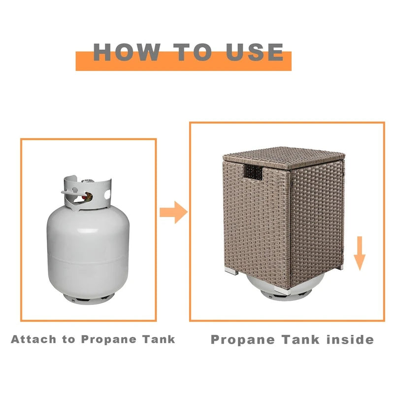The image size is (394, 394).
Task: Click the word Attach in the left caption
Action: point(33,339)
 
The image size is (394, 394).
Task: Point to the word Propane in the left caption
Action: point(108,340)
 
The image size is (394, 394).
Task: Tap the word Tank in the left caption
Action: point(159,339)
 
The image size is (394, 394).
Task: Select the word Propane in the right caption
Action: point(243,340)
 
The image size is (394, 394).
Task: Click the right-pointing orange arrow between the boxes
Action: point(174,212)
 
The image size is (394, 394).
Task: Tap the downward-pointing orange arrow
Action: point(360,253)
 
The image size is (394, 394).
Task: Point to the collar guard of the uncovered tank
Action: point(87,192)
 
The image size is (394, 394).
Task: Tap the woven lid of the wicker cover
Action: point(284,157)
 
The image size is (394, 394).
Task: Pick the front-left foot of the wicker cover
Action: point(231,270)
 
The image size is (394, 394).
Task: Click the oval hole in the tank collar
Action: point(107,195)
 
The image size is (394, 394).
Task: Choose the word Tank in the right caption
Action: point(300,339)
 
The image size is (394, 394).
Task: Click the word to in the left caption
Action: point(68,340)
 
